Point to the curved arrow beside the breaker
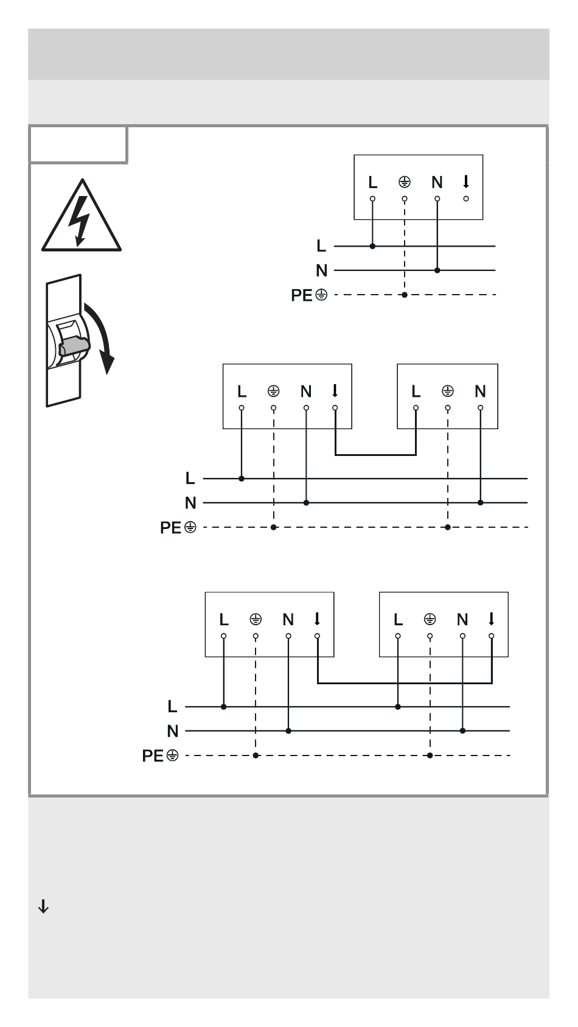click(100, 338)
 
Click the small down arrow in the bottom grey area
click(43, 906)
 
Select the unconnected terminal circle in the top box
click(465, 198)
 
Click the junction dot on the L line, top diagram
click(372, 246)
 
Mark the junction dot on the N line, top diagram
click(437, 270)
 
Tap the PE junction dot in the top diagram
click(404, 295)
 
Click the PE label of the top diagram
click(302, 295)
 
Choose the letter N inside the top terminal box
click(437, 183)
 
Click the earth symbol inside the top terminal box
click(404, 183)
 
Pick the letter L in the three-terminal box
click(416, 391)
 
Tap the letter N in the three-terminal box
click(480, 391)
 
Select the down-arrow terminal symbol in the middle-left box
click(335, 391)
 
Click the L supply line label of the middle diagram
click(190, 478)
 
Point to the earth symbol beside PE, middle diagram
click(190, 527)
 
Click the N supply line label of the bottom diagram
click(172, 731)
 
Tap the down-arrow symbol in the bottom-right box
click(492, 619)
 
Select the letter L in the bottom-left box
click(224, 619)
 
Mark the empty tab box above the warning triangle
click(78, 145)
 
